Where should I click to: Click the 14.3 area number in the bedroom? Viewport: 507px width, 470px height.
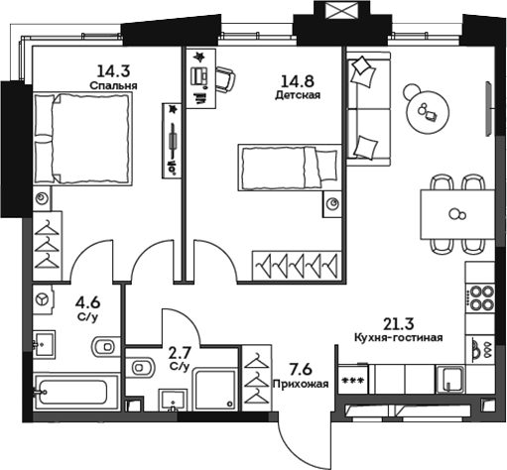[x=111, y=70]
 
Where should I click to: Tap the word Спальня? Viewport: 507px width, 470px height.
[x=111, y=85]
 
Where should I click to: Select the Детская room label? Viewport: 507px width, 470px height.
[x=297, y=96]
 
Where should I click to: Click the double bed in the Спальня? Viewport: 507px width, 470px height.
[x=83, y=136]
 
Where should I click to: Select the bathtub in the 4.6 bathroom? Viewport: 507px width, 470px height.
[x=71, y=390]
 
